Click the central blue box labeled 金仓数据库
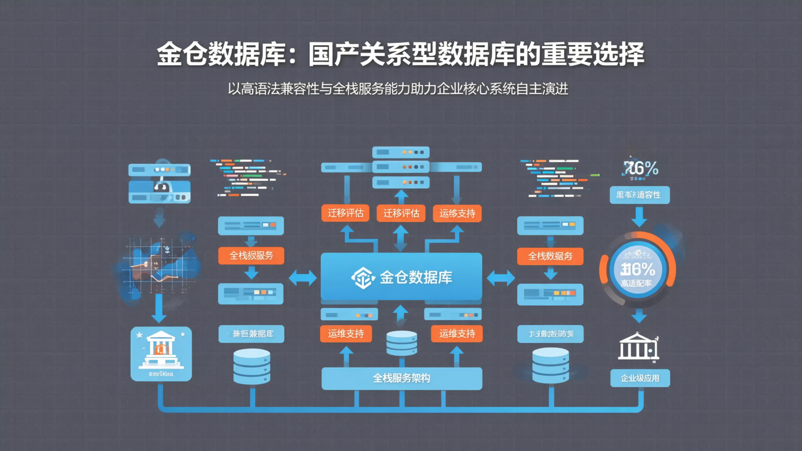(401, 277)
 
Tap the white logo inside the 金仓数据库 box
(363, 277)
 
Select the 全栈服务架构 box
(402, 378)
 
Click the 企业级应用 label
(640, 378)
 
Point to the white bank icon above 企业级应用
(638, 346)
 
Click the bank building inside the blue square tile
(161, 349)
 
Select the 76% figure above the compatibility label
(640, 168)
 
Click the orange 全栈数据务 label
(550, 256)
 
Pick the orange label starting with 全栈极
(251, 256)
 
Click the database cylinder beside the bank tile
(252, 366)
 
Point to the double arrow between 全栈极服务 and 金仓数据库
(302, 277)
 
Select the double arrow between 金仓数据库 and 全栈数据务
(500, 277)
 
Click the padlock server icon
(160, 183)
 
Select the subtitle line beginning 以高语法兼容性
(398, 89)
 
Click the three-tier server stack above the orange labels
(401, 166)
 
